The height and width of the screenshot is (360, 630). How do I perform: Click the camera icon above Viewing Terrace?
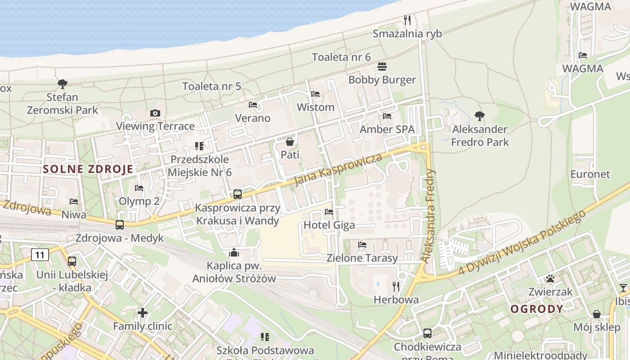tap(155, 113)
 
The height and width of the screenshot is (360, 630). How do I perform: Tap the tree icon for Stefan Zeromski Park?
tap(63, 84)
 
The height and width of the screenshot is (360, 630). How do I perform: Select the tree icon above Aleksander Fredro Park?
tap(480, 116)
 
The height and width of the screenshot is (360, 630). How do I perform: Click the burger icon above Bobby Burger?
tap(382, 67)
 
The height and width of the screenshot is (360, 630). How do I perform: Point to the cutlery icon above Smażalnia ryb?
tap(407, 20)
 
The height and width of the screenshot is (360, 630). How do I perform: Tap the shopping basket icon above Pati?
tap(290, 142)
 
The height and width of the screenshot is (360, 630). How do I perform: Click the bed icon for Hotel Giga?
tap(329, 211)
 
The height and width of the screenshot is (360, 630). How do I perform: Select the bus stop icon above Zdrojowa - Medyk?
tap(120, 225)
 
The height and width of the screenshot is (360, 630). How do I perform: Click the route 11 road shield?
tap(40, 255)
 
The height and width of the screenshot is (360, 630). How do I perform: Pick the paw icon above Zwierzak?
tap(550, 279)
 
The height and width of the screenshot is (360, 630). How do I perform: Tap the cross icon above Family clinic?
tap(143, 313)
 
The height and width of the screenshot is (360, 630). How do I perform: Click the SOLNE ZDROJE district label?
tap(88, 169)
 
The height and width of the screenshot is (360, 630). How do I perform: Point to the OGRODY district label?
tap(537, 309)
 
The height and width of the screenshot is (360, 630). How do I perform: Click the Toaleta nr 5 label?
tap(211, 86)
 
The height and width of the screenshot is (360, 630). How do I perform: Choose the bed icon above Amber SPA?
tap(387, 116)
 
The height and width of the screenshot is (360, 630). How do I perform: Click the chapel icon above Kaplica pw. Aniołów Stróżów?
tap(234, 252)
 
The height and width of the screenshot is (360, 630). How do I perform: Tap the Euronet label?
tap(590, 174)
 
